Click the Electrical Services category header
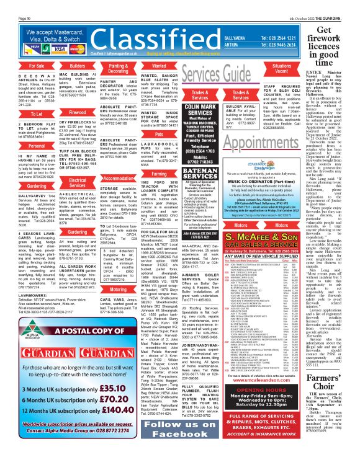[x=78, y=182]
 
